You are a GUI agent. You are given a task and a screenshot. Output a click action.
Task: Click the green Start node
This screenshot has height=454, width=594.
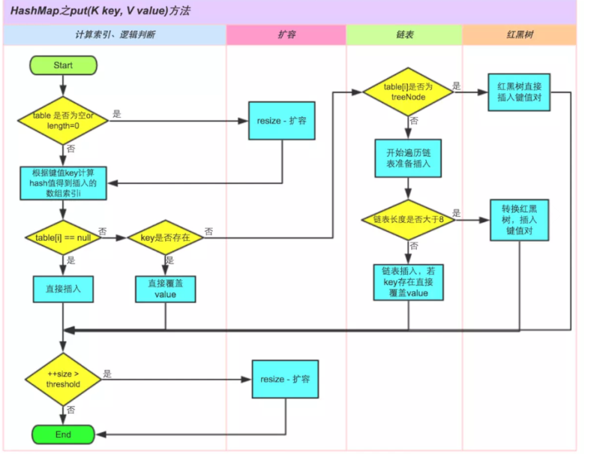click(x=63, y=65)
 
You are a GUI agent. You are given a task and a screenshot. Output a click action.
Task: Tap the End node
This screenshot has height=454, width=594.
click(x=63, y=434)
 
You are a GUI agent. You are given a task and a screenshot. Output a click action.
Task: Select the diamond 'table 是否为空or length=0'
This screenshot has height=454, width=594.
click(x=63, y=121)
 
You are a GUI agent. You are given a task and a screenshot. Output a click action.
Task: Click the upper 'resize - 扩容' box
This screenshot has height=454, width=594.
click(x=282, y=121)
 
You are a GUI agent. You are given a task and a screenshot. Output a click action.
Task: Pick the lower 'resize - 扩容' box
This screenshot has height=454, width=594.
click(x=285, y=379)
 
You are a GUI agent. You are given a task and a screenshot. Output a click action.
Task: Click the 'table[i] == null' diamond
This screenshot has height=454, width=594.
click(x=63, y=238)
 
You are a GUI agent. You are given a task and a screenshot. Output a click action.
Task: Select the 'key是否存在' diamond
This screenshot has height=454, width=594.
click(x=165, y=238)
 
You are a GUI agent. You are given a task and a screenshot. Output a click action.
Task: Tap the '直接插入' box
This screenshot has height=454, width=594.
click(x=63, y=289)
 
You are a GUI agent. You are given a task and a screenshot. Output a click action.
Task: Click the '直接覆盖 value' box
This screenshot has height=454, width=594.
click(x=166, y=289)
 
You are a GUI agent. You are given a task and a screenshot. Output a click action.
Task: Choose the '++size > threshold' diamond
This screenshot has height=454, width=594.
click(x=63, y=379)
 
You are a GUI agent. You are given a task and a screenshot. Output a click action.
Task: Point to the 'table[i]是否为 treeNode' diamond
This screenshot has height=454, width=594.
click(x=408, y=92)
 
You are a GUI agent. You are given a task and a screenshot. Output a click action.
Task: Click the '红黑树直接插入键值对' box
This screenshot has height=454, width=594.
click(x=519, y=92)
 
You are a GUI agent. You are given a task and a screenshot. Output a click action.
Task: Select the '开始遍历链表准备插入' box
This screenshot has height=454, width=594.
click(x=408, y=158)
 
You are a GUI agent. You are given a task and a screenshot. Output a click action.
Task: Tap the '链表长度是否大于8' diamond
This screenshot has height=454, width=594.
click(x=408, y=219)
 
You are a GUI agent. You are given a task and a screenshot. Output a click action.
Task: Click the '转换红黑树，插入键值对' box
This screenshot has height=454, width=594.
click(x=519, y=220)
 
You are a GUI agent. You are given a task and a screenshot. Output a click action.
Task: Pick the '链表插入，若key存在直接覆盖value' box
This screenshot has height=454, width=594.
click(x=408, y=282)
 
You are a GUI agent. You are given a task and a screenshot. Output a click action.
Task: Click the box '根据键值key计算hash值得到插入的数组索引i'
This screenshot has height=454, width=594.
click(x=63, y=183)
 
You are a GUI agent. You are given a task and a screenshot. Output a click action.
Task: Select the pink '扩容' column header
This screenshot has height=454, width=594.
click(x=286, y=35)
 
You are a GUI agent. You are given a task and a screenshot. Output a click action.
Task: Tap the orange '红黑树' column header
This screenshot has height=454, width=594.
click(x=519, y=35)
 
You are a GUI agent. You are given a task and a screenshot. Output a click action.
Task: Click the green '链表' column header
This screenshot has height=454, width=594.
click(x=404, y=35)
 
